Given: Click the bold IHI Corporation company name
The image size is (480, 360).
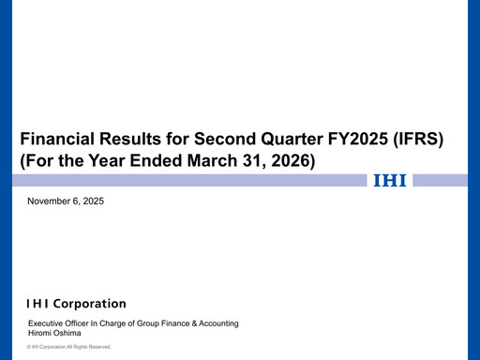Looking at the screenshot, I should (x=76, y=304).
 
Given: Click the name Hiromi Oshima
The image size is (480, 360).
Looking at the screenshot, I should (x=54, y=333).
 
